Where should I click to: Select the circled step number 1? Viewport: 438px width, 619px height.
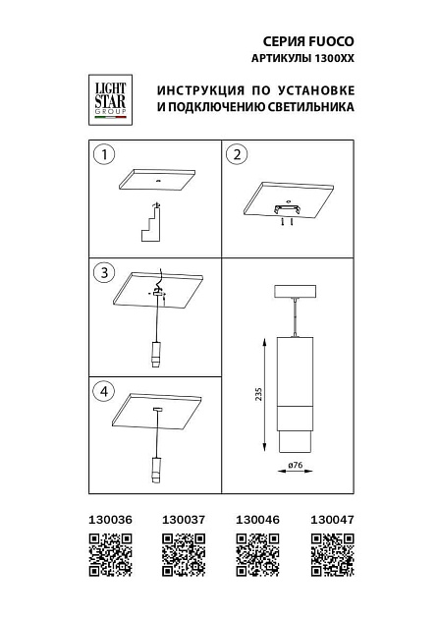coord(101,154)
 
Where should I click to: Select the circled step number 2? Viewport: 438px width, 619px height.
coord(237,154)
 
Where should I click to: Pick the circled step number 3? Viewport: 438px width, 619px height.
coord(101,271)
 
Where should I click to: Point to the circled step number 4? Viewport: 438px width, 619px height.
coord(101,391)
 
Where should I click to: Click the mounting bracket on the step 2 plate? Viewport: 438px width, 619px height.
coord(287,209)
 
